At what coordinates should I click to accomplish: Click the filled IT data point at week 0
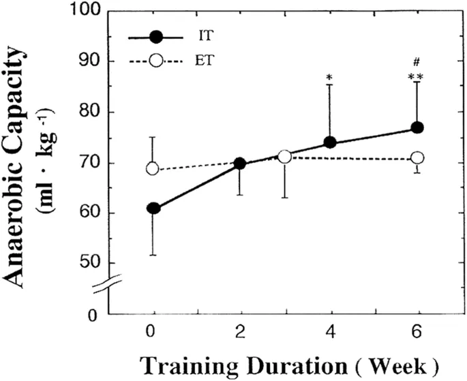coord(153,208)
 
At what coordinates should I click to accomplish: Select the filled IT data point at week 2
coord(240,164)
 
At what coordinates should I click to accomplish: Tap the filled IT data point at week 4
coord(329,142)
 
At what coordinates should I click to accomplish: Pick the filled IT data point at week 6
coord(417,128)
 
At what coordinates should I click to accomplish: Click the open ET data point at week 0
coord(153,168)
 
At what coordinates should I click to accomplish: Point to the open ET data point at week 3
coord(285,157)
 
